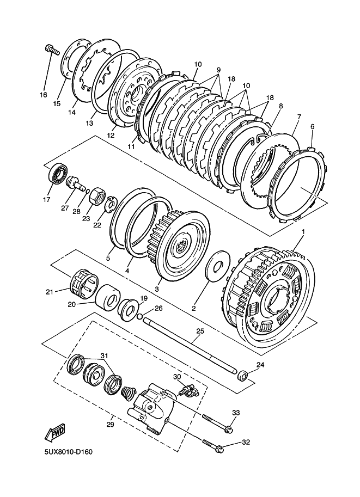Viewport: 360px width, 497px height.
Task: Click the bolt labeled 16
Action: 51,49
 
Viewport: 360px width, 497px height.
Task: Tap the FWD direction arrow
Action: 55,432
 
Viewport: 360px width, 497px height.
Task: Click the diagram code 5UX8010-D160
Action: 69,451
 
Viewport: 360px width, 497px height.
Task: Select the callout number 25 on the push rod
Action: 200,331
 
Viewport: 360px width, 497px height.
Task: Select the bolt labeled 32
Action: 213,445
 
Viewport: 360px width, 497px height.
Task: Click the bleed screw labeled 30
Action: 188,392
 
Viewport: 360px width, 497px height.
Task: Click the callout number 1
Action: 303,232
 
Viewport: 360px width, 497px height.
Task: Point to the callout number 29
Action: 110,425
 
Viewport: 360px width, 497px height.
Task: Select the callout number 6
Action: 313,126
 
